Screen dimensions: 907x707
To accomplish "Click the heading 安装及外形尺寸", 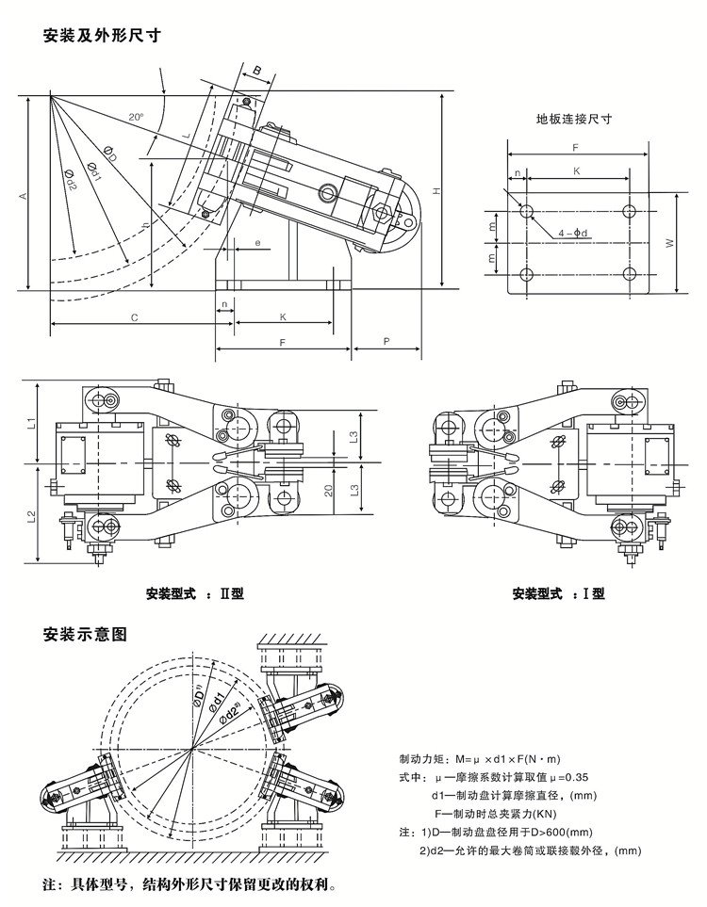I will (x=99, y=37).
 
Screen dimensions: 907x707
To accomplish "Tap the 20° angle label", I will (x=137, y=118).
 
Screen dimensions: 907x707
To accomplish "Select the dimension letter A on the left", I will (x=23, y=194).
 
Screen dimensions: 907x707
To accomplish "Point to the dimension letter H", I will (x=436, y=191).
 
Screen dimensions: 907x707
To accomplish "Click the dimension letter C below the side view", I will (x=135, y=317).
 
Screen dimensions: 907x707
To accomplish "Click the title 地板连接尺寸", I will (x=574, y=120).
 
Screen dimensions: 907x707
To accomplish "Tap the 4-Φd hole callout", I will (x=574, y=233).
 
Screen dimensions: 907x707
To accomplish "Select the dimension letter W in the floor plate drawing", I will (x=668, y=242).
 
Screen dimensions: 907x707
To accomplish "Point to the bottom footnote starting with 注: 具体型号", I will (x=189, y=885).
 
